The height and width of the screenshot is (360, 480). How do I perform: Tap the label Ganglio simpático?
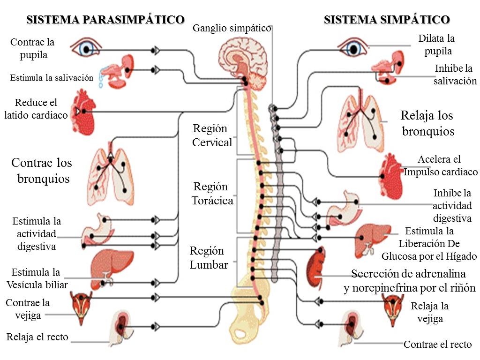pyautogui.click(x=232, y=29)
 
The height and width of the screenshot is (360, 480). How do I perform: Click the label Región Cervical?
pyautogui.click(x=212, y=135)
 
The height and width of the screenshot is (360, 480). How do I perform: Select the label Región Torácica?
pyautogui.click(x=212, y=194)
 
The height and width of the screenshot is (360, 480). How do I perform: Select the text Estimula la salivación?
pyautogui.click(x=52, y=78)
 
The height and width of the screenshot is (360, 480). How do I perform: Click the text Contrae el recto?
pyautogui.click(x=437, y=345)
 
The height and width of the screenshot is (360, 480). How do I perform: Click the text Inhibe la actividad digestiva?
pyautogui.click(x=452, y=206)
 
